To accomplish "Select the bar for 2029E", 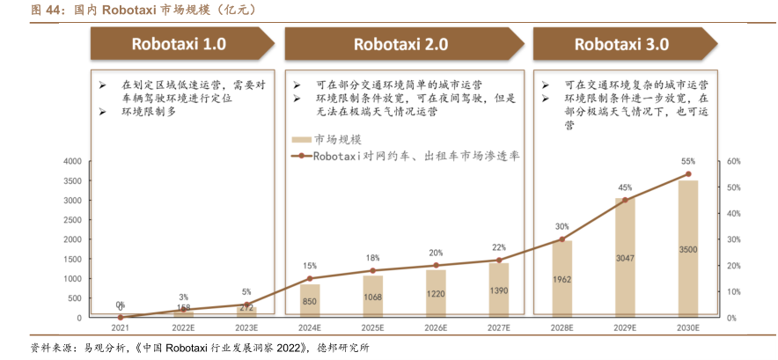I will [625, 258].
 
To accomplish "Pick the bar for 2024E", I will [310, 300].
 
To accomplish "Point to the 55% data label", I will [688, 162].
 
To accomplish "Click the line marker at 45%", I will [625, 200].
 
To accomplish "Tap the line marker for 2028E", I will [561, 239].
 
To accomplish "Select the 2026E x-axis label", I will [436, 327].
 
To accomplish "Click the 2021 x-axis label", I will [120, 327].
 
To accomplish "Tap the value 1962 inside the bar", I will [561, 280].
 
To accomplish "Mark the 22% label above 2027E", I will [499, 247].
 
